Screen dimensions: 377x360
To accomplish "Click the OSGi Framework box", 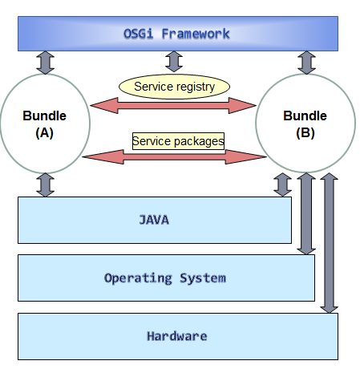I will [x=177, y=34].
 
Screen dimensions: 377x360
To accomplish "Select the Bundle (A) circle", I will [x=44, y=124].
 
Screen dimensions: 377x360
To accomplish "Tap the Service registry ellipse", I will [x=174, y=86].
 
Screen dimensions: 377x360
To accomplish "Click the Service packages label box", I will [x=178, y=141].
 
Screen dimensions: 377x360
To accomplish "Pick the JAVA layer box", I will [x=154, y=220].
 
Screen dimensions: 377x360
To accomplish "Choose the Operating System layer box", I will [x=165, y=278].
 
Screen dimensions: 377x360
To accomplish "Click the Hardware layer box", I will [x=177, y=336].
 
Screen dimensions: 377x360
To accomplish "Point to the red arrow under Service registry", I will [x=174, y=104].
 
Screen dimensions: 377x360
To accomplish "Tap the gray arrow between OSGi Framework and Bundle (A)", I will [x=46, y=62].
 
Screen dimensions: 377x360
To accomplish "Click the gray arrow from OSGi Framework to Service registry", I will [x=174, y=61].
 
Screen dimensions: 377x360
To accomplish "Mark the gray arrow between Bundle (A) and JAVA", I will [x=46, y=185].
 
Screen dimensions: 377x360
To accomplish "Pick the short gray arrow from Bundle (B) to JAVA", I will [x=282, y=184].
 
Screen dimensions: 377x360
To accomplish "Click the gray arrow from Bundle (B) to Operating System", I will [x=305, y=213].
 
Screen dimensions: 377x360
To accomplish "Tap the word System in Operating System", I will [x=204, y=278].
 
